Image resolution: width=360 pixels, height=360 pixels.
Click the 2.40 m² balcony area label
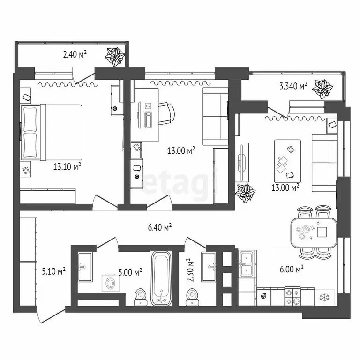click(x=75, y=55)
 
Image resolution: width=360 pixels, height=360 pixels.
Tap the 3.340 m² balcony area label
click(x=293, y=86)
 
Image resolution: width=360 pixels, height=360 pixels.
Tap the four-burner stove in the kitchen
click(x=293, y=295)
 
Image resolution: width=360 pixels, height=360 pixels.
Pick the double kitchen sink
click(x=247, y=263)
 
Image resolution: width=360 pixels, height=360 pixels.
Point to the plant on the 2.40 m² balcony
click(x=115, y=57)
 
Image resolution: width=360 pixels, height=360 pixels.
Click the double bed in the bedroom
click(x=51, y=131)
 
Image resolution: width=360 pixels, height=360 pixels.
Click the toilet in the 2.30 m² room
click(x=192, y=295)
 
